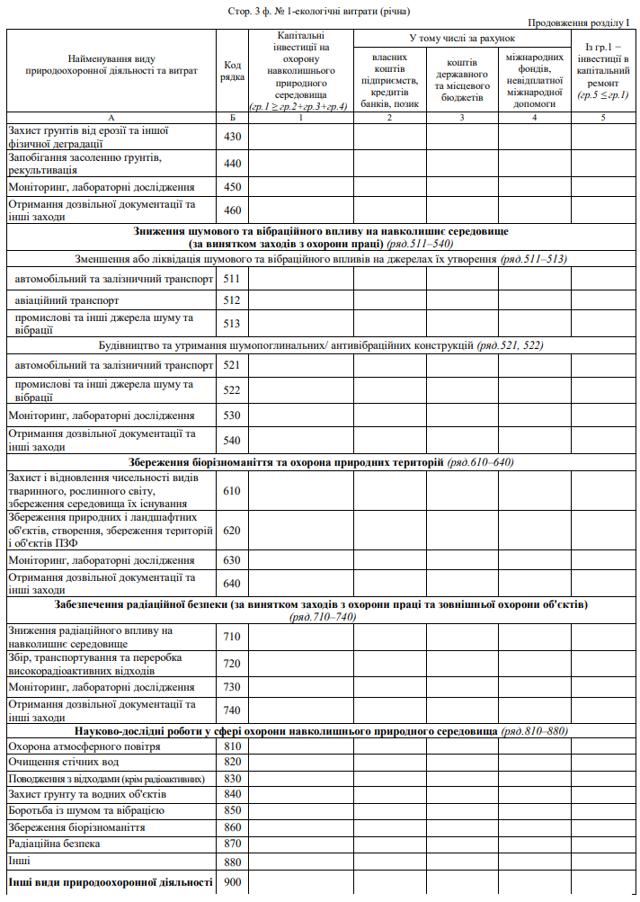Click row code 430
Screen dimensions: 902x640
pyautogui.click(x=233, y=136)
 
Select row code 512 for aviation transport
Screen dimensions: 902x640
pyautogui.click(x=233, y=299)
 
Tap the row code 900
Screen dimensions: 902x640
pyautogui.click(x=233, y=882)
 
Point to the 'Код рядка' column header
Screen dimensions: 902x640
pyautogui.click(x=233, y=71)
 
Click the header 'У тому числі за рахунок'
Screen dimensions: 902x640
pyautogui.click(x=462, y=39)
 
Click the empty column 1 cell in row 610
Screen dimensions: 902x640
pyautogui.click(x=301, y=491)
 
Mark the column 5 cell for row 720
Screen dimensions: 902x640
pyautogui.click(x=602, y=663)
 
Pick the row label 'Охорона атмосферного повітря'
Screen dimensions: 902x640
pyautogui.click(x=84, y=746)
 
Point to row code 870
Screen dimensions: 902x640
pyautogui.click(x=233, y=844)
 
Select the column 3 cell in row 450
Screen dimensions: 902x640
pyautogui.click(x=462, y=187)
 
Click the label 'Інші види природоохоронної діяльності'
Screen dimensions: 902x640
pyautogui.click(x=110, y=882)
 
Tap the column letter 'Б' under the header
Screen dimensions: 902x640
pyautogui.click(x=233, y=117)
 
